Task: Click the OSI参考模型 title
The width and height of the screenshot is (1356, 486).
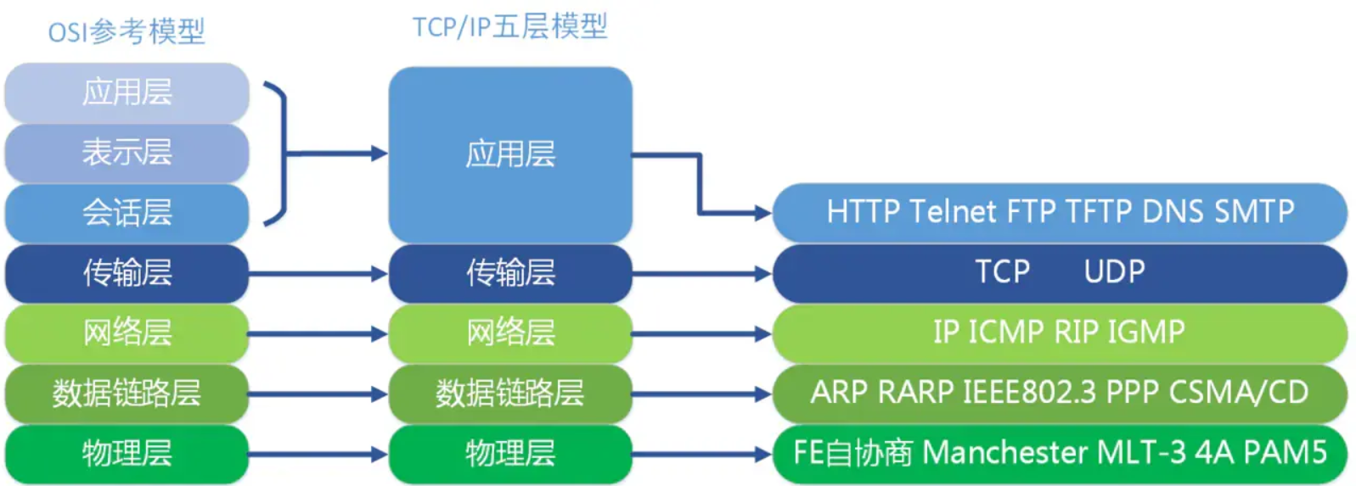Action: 127,32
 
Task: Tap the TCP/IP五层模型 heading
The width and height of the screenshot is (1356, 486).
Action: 509,27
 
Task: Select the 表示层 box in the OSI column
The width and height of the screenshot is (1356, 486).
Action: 127,153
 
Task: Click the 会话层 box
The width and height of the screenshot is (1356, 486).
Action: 127,212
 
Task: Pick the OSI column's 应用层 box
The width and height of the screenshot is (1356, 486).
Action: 127,92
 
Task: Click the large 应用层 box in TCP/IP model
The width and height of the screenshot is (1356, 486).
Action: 509,154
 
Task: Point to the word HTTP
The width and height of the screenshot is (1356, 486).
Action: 863,211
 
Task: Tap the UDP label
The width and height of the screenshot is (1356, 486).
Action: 1114,271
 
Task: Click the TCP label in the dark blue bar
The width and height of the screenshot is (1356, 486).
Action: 1002,271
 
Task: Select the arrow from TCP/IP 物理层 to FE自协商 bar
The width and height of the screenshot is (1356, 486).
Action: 701,454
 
